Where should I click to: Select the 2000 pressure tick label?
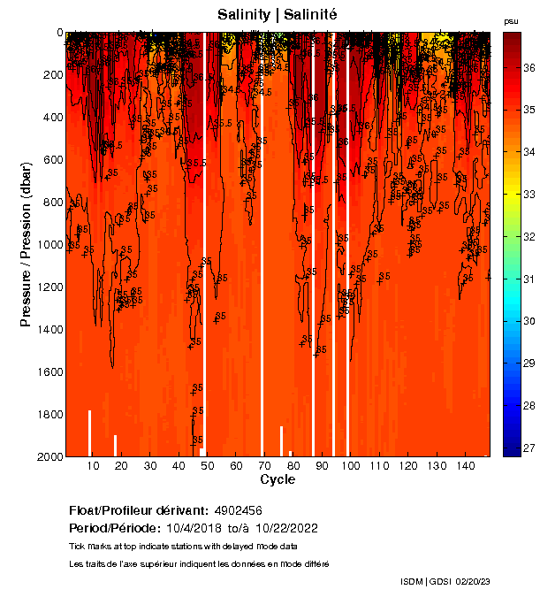click(48, 456)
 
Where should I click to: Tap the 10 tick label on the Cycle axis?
click(94, 466)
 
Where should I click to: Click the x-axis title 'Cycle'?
click(278, 479)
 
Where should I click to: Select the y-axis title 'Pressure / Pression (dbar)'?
click(26, 244)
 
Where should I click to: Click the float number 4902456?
click(238, 511)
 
